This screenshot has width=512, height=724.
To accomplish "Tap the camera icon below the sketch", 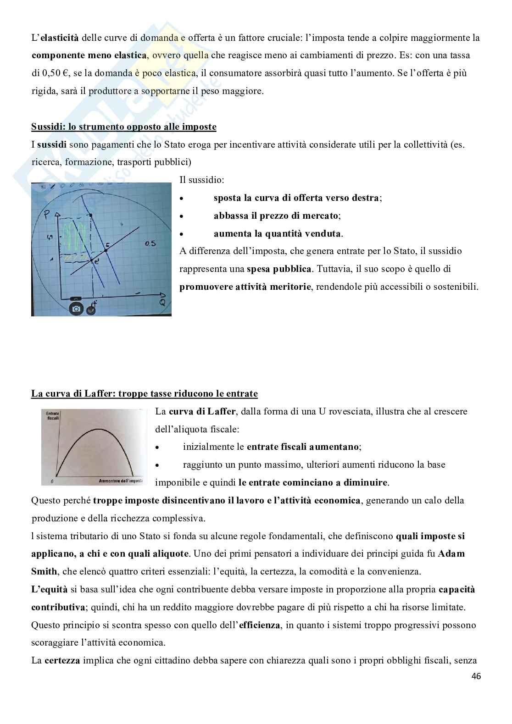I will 76,309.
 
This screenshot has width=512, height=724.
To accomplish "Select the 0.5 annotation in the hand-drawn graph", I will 150,243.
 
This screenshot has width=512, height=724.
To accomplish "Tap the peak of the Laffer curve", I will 97,429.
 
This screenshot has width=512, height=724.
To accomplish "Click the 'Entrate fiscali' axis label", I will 53,416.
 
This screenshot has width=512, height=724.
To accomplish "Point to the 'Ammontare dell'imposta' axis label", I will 120,481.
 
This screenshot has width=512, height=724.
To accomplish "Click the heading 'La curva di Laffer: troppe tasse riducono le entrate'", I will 145,393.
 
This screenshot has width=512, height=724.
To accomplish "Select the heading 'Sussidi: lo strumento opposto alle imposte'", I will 123,127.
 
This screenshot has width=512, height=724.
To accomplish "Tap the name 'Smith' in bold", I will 44,571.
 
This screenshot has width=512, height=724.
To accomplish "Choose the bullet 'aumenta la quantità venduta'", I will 277,233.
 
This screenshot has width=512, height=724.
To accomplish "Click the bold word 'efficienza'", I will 260,625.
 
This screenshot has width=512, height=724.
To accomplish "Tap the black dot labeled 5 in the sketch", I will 106,251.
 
